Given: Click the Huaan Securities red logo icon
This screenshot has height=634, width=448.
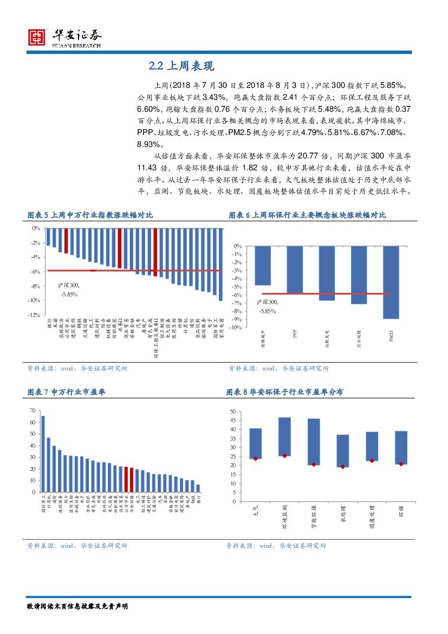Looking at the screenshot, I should point(36,37).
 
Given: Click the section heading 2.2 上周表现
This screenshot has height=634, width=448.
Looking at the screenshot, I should point(182,66).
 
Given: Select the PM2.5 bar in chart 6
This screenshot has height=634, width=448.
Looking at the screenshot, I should point(391,282).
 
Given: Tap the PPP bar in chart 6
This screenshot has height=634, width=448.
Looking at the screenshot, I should point(295,270).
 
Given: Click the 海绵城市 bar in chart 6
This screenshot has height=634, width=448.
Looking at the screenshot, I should point(263,265).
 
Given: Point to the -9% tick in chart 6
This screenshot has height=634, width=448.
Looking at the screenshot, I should point(237,319).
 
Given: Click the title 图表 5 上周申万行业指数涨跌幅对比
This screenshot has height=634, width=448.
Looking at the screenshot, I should point(90,215).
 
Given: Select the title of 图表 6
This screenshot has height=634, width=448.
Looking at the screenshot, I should point(307,215).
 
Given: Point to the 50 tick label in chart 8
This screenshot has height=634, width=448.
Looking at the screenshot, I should point(232,412).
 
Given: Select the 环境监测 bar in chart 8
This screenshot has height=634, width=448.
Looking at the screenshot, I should point(284,437).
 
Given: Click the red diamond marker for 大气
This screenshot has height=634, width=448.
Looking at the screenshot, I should point(255,459).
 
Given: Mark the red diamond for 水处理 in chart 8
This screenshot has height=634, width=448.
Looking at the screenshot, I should point(342,466).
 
